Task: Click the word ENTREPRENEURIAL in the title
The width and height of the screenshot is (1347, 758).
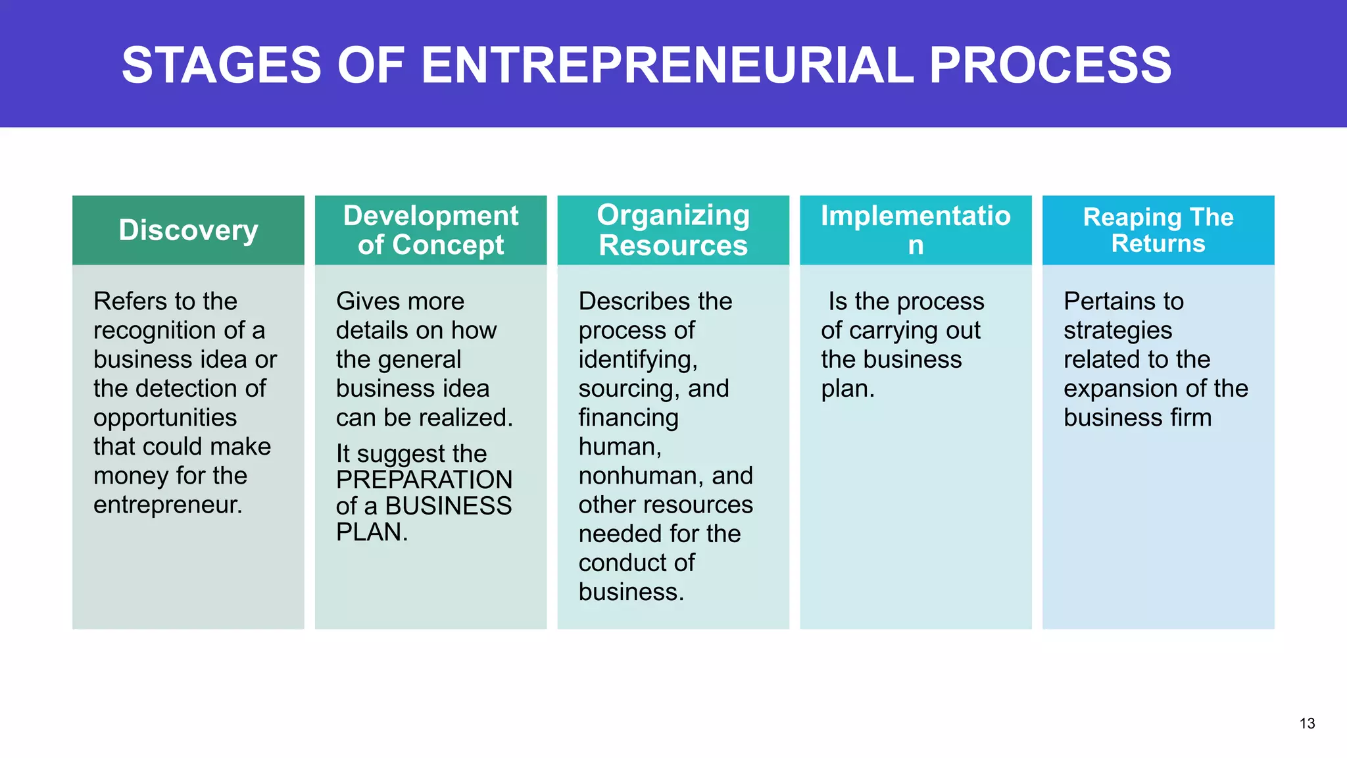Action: [667, 65]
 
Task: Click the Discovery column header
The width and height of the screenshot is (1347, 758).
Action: [188, 230]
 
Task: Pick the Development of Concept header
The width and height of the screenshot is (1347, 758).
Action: [431, 230]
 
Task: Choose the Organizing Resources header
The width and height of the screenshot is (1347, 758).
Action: [673, 230]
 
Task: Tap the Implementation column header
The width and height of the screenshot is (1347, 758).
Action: [916, 230]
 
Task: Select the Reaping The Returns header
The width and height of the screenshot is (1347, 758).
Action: [1158, 230]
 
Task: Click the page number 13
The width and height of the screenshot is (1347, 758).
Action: [1307, 724]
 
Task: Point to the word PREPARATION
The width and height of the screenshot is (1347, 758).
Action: [424, 480]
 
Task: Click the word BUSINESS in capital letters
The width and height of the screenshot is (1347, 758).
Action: [449, 506]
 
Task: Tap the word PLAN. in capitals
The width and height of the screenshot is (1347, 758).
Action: [372, 532]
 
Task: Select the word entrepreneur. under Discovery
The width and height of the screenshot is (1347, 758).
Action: [168, 505]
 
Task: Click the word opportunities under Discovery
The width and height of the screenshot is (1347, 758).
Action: [165, 418]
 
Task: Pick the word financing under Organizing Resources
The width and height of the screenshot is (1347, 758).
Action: [628, 418]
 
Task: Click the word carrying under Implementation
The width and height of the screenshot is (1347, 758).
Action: [901, 331]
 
